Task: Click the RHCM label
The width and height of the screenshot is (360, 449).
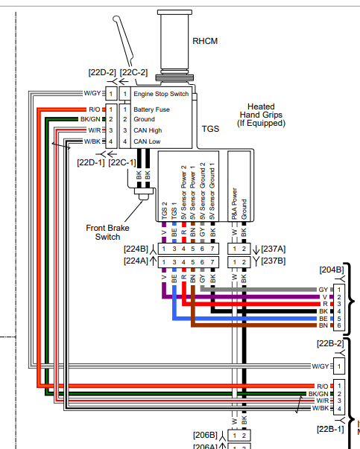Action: [205, 41]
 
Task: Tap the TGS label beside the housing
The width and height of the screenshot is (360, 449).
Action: [210, 129]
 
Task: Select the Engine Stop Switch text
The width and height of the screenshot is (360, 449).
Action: [161, 94]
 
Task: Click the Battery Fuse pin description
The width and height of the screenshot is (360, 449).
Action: [151, 109]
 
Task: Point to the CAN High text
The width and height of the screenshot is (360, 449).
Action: [148, 130]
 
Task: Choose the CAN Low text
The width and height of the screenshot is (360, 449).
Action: [147, 141]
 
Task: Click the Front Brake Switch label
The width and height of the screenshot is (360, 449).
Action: [108, 232]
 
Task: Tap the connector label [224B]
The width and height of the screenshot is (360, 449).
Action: [136, 249]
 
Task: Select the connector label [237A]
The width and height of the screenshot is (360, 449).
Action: [273, 249]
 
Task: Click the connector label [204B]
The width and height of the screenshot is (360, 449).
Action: [332, 270]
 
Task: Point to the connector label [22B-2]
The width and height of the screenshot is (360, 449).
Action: [330, 343]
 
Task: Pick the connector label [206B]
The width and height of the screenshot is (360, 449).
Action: [206, 436]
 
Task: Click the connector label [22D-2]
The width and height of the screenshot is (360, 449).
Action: [102, 72]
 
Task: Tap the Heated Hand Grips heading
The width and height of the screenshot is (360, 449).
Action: [261, 115]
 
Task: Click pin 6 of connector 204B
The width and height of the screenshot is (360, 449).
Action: [339, 325]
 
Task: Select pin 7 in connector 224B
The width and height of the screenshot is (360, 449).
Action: [212, 249]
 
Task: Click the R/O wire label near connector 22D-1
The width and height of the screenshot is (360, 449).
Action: [95, 109]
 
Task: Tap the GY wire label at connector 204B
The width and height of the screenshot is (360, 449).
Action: [323, 290]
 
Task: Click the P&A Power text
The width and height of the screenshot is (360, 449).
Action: [235, 203]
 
